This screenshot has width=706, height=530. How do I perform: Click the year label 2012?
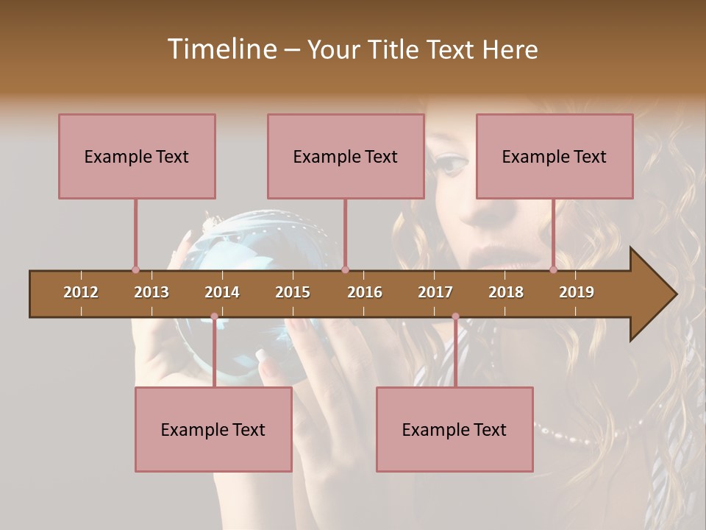click(x=81, y=292)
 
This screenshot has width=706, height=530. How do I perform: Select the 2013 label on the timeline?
click(x=151, y=292)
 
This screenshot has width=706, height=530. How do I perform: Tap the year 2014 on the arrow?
click(x=222, y=292)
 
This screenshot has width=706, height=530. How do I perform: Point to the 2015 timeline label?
click(x=293, y=292)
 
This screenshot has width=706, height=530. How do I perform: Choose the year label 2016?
click(x=365, y=292)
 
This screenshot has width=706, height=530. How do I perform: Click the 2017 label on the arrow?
click(x=435, y=292)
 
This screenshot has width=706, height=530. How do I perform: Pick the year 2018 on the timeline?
click(x=506, y=292)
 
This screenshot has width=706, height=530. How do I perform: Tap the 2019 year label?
click(x=577, y=292)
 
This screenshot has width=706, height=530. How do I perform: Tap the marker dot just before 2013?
click(x=135, y=269)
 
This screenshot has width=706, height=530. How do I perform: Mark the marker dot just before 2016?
click(x=345, y=269)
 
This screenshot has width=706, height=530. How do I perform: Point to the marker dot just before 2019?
click(x=553, y=269)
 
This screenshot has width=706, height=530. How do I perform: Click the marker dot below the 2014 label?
click(x=214, y=317)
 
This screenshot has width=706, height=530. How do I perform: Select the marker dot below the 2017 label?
click(x=455, y=317)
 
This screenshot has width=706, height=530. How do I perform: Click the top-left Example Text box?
click(x=137, y=156)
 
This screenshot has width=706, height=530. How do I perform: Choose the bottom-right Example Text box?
click(x=454, y=429)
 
